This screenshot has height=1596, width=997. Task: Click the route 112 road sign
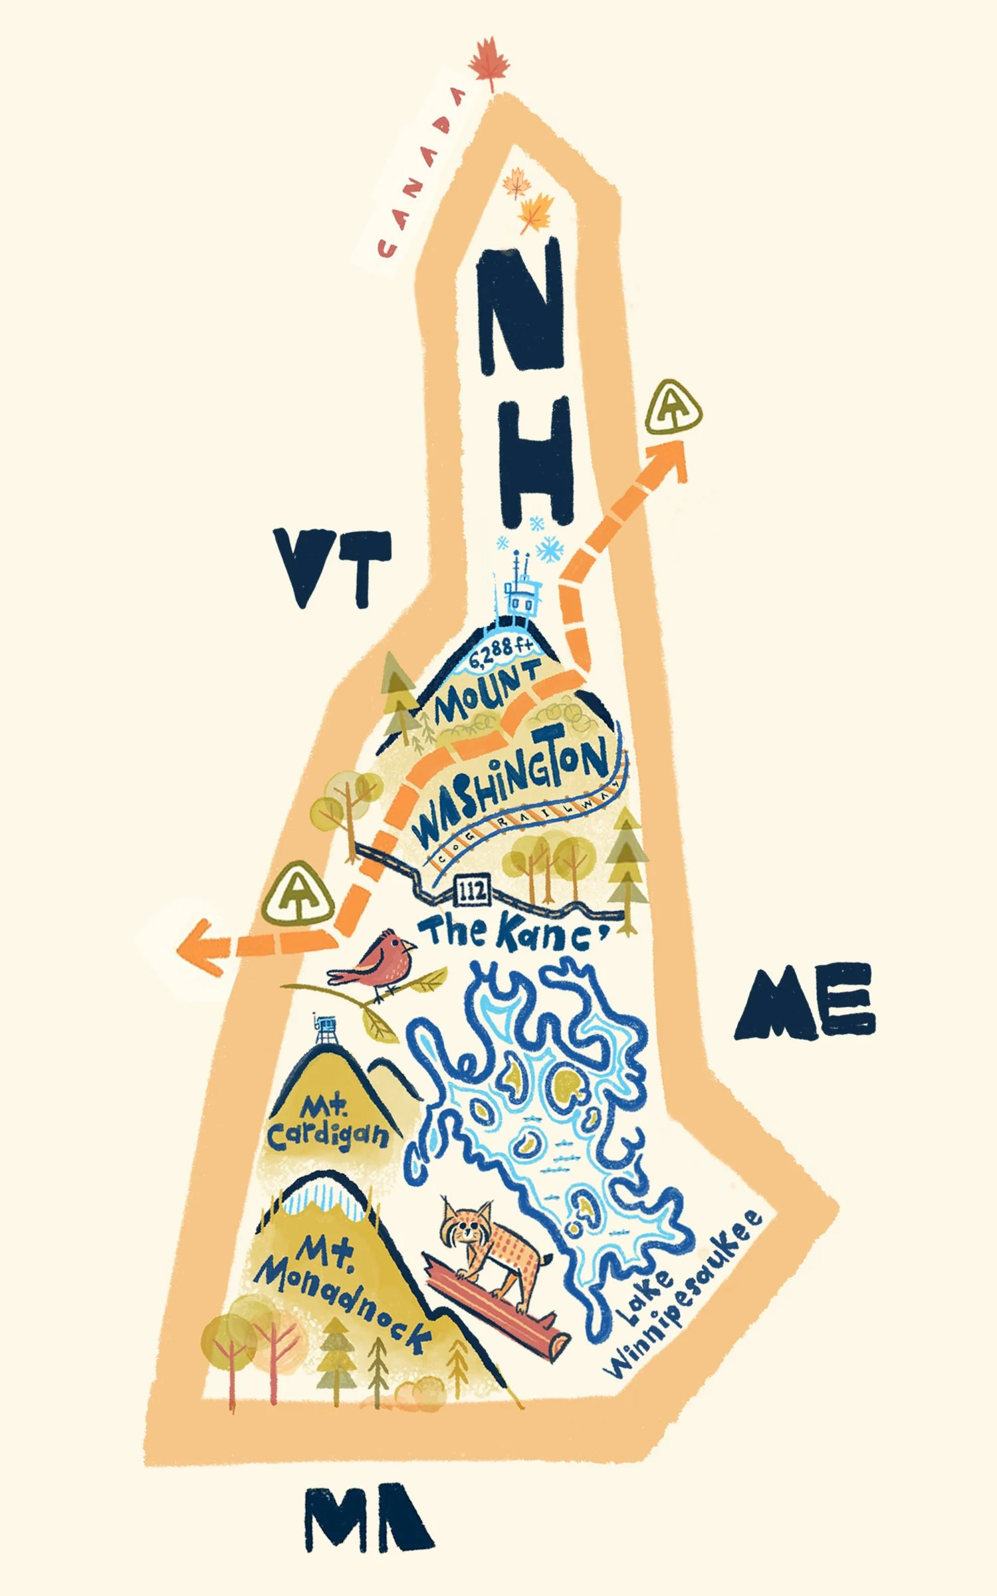(472, 890)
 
